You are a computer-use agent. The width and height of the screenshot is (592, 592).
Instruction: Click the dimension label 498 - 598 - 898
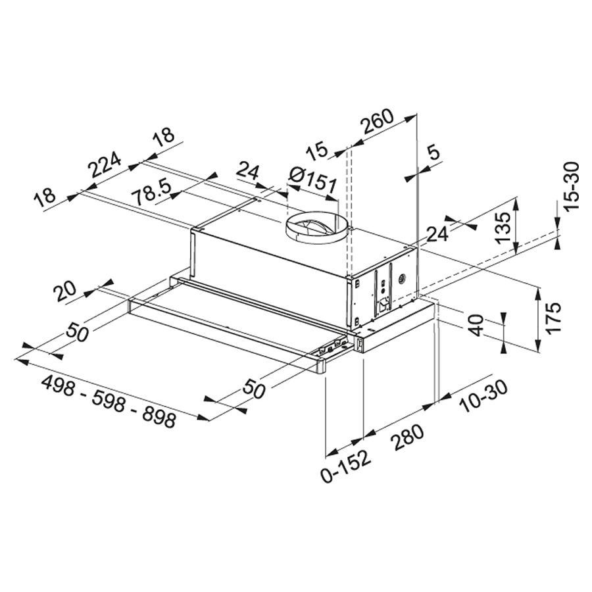click(109, 401)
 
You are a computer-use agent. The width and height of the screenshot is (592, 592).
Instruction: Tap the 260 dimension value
click(376, 121)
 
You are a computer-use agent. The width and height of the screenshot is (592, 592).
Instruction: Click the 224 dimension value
click(104, 165)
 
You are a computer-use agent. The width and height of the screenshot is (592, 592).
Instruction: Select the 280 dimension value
click(407, 437)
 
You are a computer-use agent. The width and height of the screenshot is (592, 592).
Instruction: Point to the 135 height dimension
click(503, 228)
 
